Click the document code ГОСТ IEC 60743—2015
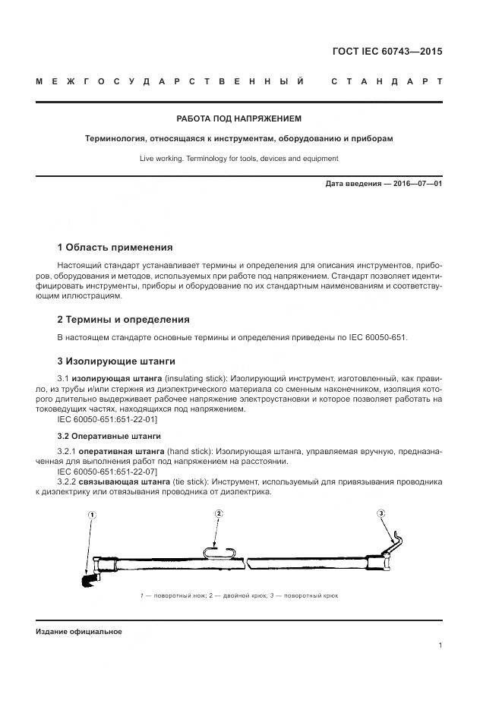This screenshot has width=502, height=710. pyautogui.click(x=387, y=52)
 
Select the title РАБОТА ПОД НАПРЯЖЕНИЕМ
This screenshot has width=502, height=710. pyautogui.click(x=238, y=119)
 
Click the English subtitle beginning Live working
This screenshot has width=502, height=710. pyautogui.click(x=238, y=159)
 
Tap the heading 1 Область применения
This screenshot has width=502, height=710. pyautogui.click(x=115, y=248)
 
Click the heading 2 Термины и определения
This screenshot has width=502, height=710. pyautogui.click(x=124, y=319)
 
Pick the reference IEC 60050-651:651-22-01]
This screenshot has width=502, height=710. pyautogui.click(x=107, y=418)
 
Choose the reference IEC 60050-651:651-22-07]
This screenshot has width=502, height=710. pyautogui.click(x=107, y=472)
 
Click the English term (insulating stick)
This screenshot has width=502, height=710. pyautogui.click(x=195, y=378)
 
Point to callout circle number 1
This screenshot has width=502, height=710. pyautogui.click(x=92, y=516)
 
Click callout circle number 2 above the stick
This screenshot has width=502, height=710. pyautogui.click(x=218, y=514)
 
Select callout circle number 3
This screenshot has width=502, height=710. pyautogui.click(x=381, y=514)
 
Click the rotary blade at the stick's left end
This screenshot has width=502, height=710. pyautogui.click(x=85, y=581)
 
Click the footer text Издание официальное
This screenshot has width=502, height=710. pyautogui.click(x=78, y=632)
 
